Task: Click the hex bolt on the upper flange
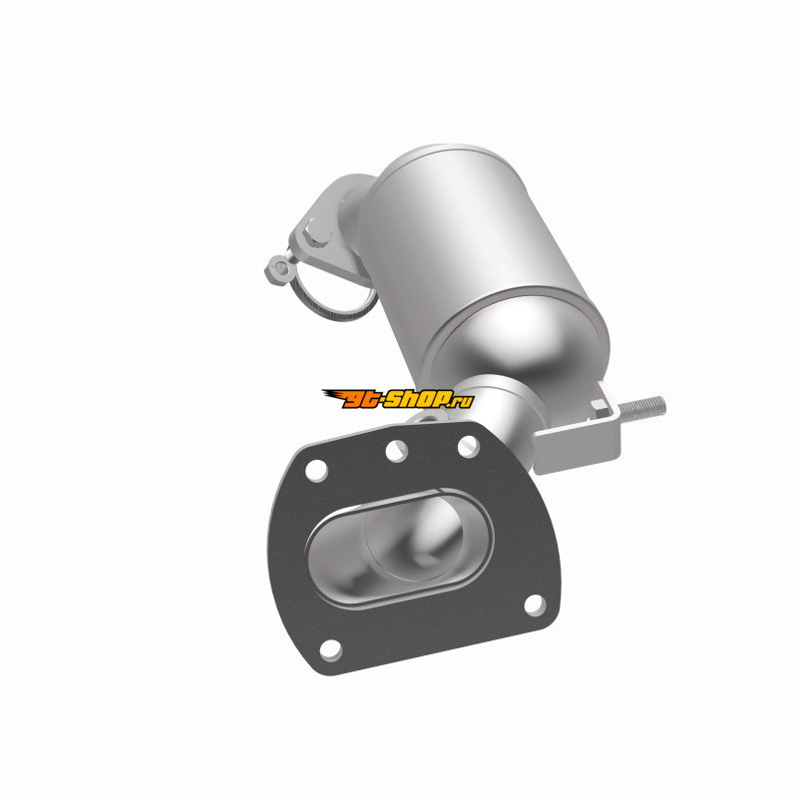tap(316, 231)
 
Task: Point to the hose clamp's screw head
tap(278, 267)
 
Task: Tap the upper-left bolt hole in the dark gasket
tap(316, 470)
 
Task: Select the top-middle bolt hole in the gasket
tap(397, 451)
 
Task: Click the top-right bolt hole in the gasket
tap(468, 446)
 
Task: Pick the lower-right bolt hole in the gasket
tap(535, 605)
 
